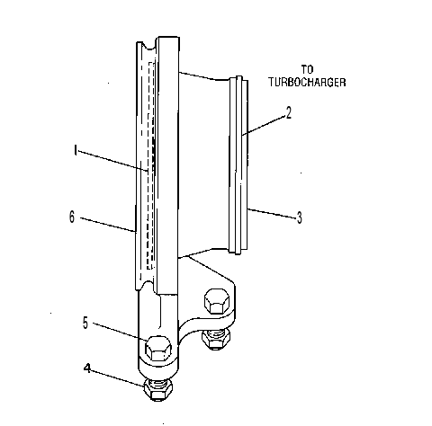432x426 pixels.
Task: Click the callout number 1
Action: coord(76,150)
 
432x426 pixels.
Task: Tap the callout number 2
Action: coord(288,113)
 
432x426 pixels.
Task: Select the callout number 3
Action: coord(300,217)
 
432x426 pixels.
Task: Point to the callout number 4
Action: coord(87,368)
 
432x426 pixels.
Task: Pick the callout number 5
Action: coord(85,324)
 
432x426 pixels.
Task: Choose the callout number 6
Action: coord(72,217)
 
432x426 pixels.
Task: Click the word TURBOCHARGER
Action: coord(307,82)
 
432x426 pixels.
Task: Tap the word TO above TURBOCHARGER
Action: coord(307,69)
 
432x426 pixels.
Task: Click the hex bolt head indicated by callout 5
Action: coord(158,348)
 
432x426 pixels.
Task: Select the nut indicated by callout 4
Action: coord(157,391)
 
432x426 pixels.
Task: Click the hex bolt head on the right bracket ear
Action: coord(217,301)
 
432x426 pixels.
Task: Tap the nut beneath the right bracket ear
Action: coord(216,340)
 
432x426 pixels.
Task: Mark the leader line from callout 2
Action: coord(263,126)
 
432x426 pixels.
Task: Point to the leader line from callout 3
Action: coord(272,213)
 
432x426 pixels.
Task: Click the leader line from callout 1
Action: coord(113,162)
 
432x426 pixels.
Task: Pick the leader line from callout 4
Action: coord(118,378)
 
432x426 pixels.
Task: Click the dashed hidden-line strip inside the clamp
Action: coord(151,165)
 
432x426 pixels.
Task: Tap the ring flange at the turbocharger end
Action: coord(238,164)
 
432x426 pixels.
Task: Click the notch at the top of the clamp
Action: coord(148,47)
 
